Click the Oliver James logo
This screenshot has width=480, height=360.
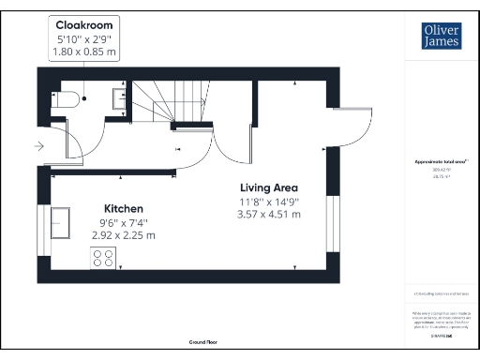coord(441,35)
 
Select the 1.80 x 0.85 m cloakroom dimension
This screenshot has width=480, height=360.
coord(85,52)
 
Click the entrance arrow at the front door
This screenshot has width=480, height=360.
coord(37,146)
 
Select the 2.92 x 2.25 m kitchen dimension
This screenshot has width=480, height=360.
coord(123,234)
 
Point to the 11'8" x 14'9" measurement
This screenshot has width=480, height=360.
coord(270,201)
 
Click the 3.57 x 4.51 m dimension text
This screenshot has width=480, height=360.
coord(270,215)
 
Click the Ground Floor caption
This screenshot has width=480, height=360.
coord(202,343)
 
